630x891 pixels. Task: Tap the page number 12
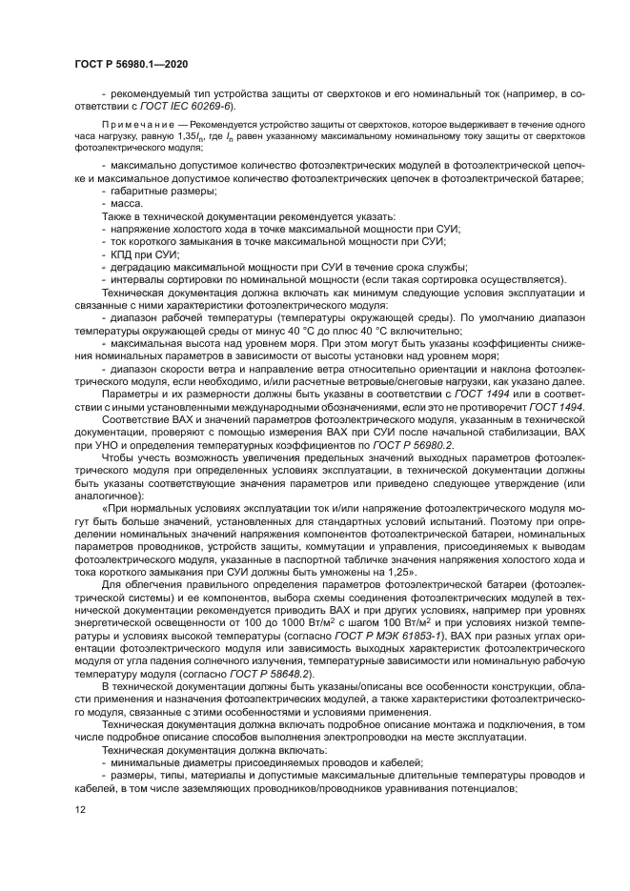point(79,810)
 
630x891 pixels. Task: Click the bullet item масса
point(127,204)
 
